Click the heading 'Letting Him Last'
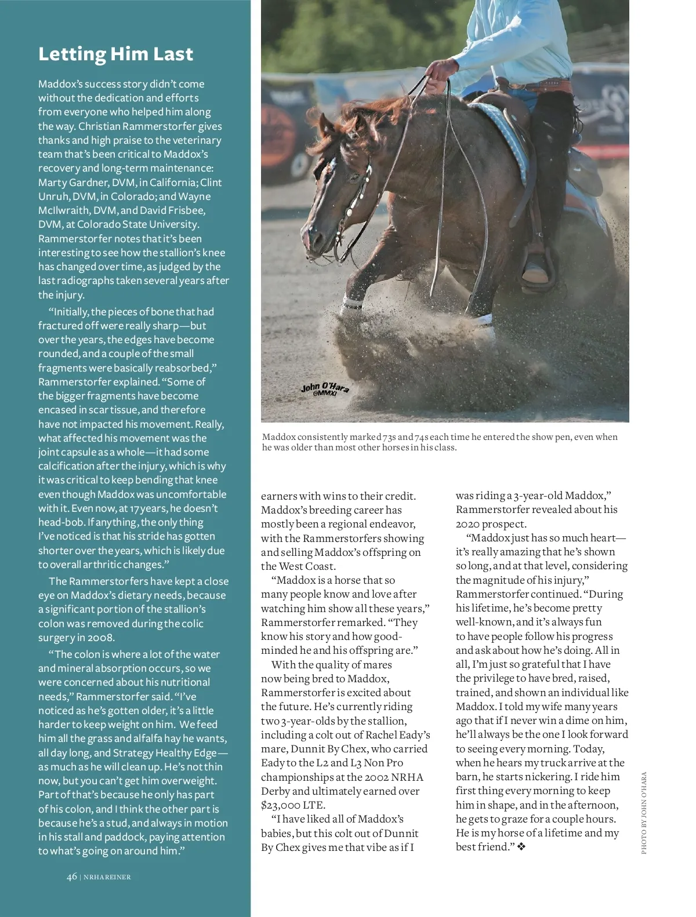[115, 54]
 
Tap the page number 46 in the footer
[71, 876]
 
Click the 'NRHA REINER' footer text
[107, 877]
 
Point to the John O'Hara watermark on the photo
[325, 389]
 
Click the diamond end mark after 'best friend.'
[521, 847]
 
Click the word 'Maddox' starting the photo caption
[280, 437]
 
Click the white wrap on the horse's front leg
[353, 301]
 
